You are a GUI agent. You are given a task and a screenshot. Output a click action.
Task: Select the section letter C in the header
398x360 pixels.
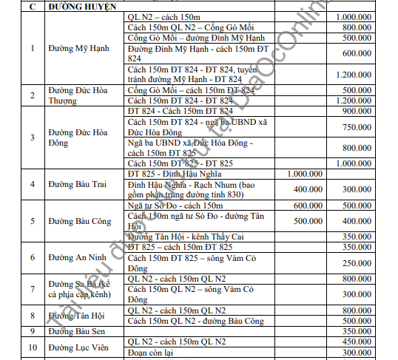click(x=33, y=5)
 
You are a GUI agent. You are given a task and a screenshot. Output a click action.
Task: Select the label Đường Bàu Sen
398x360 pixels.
click(x=76, y=331)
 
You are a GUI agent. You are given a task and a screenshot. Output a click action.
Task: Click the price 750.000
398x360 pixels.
click(x=358, y=126)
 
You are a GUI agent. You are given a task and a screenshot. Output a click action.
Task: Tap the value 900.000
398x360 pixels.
click(x=358, y=111)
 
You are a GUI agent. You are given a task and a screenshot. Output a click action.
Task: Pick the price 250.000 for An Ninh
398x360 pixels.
click(x=358, y=262)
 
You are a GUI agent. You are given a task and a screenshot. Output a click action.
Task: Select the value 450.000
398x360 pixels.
click(x=358, y=342)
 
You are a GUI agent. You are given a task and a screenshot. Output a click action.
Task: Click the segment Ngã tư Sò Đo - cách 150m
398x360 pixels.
click(x=175, y=205)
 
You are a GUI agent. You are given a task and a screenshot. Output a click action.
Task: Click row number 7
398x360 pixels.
click(x=33, y=289)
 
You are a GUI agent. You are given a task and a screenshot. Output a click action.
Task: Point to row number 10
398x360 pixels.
click(x=33, y=347)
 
